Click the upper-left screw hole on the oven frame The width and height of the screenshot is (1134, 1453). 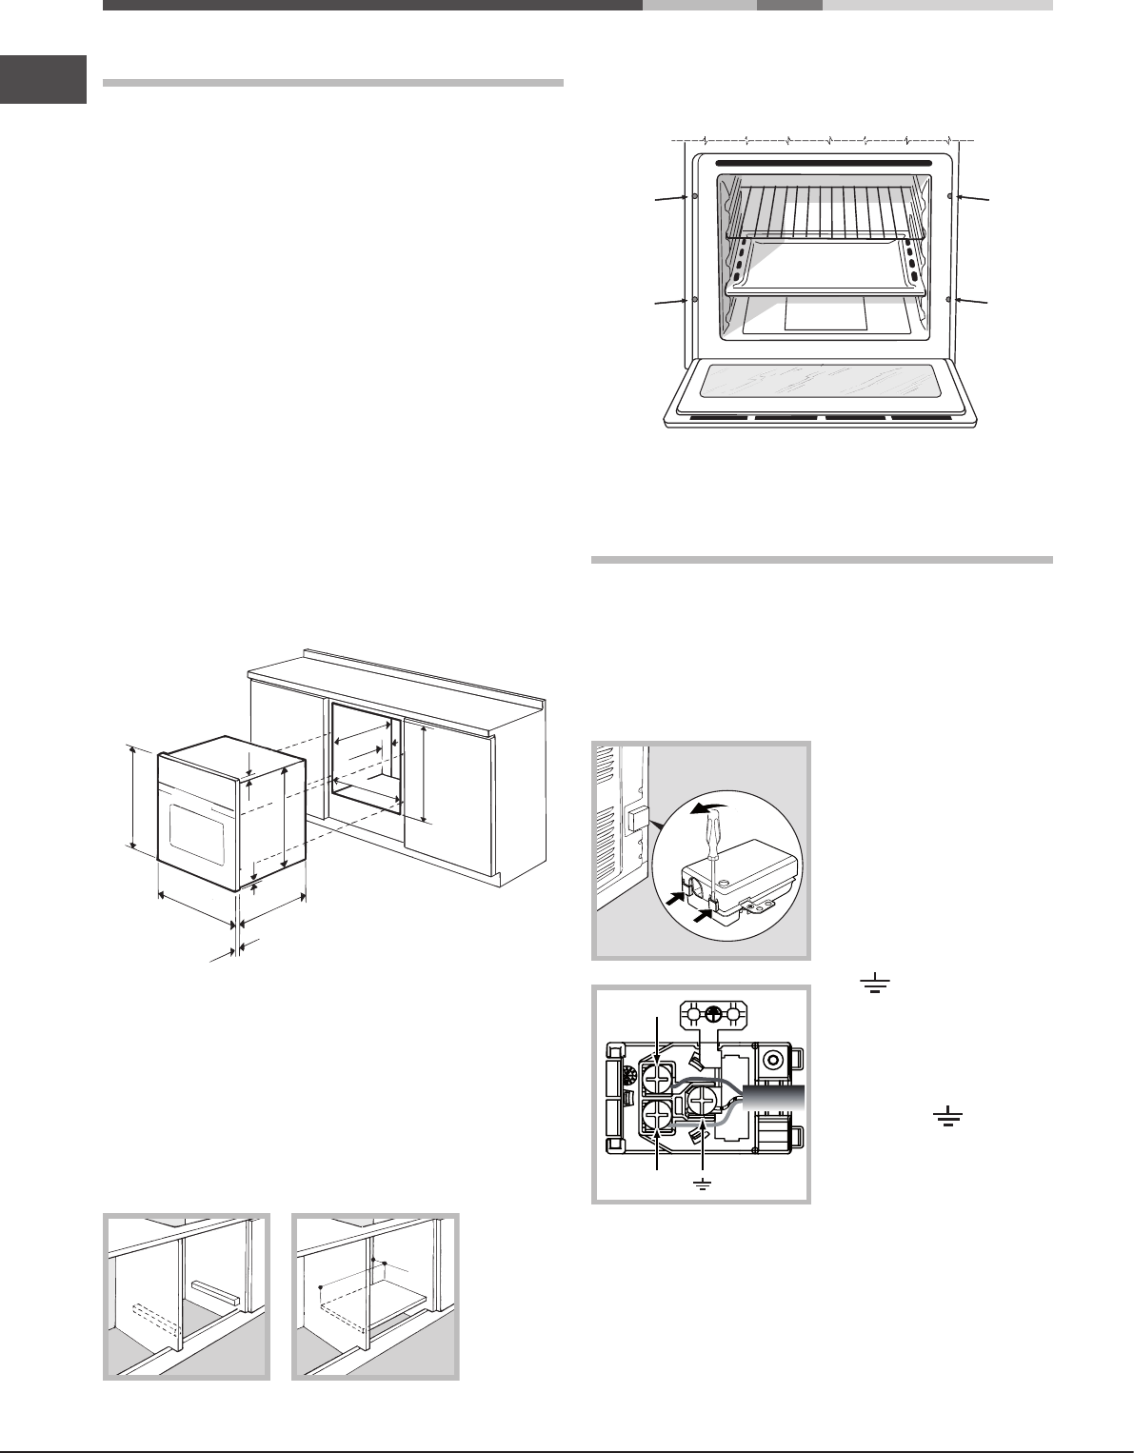694,196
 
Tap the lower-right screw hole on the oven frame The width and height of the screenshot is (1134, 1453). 951,299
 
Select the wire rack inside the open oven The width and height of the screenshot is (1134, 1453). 825,211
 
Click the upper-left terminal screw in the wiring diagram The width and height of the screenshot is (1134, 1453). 657,1079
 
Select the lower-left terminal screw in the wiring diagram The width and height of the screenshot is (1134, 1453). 657,1115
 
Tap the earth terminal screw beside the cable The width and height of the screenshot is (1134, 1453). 703,1102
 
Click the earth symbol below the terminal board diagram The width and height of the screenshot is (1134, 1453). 703,1185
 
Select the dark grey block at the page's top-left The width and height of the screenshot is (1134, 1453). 43,80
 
